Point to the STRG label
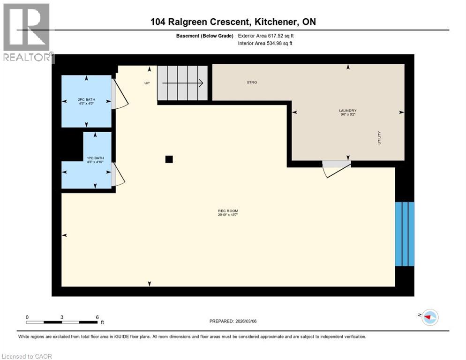coord(252,82)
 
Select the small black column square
coord(169,159)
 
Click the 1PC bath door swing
coord(118,174)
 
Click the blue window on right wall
coord(405,234)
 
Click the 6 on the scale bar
coord(97,317)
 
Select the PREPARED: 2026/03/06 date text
coord(233,321)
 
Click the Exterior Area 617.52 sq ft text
coord(266,36)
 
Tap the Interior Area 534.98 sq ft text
coord(266,44)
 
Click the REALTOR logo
coord(27,33)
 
